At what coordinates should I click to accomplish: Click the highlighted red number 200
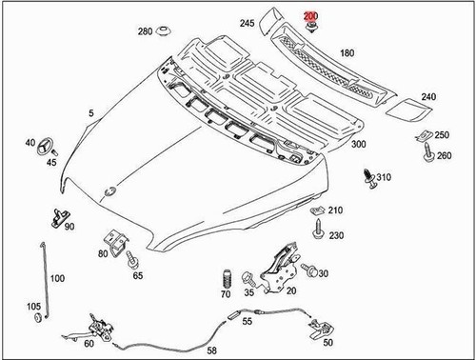point(310,16)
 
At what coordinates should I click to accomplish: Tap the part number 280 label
point(144,31)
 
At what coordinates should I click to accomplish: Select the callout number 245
point(247,23)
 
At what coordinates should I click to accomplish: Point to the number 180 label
point(347,53)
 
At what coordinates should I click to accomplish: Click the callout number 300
point(359,144)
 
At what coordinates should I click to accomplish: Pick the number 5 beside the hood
point(91,113)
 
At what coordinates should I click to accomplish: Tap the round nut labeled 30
point(310,273)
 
